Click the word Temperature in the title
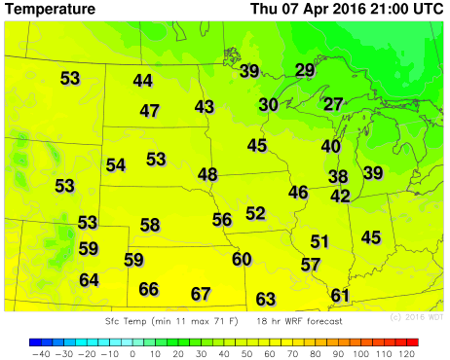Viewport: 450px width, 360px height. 51,10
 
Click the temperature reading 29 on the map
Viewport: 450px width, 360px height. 305,69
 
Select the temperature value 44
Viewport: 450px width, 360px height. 143,81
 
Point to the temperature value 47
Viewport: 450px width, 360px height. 149,111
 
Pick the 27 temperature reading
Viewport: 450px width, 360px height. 333,104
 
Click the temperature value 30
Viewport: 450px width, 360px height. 269,104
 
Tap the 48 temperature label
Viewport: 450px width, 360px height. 207,174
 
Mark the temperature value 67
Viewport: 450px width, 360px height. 201,293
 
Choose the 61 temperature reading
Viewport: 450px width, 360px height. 340,295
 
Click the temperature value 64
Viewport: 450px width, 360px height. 89,279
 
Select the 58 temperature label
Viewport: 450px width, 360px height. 149,225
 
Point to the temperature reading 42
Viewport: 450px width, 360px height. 340,196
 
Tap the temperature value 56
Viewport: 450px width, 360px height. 222,219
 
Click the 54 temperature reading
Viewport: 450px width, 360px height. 116,164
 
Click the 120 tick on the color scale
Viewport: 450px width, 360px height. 409,354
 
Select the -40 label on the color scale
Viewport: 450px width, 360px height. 40,354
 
